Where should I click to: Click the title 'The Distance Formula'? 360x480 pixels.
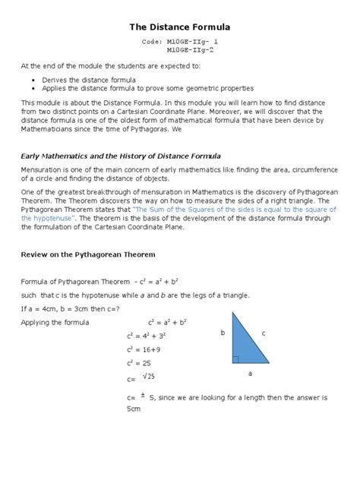click(x=180, y=27)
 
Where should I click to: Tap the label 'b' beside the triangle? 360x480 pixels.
click(x=223, y=333)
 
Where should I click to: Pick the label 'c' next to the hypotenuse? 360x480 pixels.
click(x=263, y=333)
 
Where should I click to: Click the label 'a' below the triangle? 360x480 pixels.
click(x=250, y=373)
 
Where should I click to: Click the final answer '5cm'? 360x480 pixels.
click(x=134, y=409)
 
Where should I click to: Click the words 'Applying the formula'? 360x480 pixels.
click(x=55, y=322)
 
